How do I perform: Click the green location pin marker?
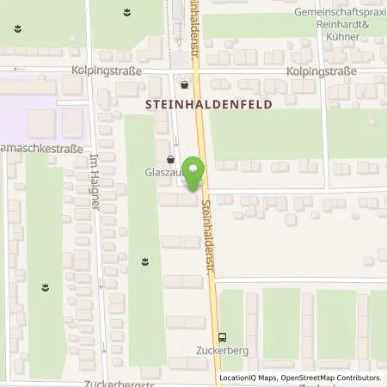pyautogui.click(x=196, y=171)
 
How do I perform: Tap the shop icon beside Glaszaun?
pyautogui.click(x=171, y=159)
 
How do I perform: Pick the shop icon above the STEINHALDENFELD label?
pyautogui.click(x=186, y=84)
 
